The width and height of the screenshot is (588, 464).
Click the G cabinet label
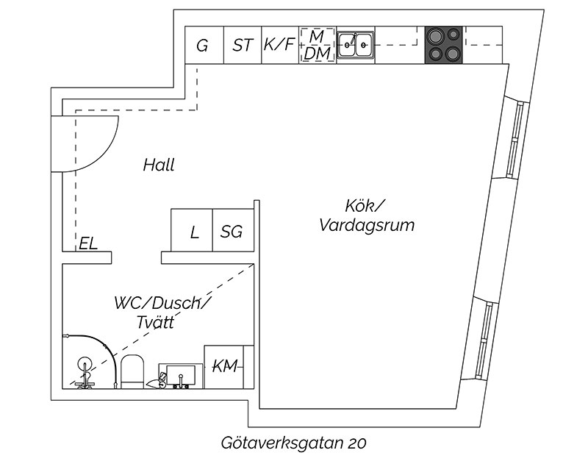[x=202, y=46]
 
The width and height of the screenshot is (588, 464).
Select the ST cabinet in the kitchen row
[x=243, y=45]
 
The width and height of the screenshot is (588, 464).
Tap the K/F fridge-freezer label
[x=279, y=44]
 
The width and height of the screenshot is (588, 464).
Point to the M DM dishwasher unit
[x=318, y=45]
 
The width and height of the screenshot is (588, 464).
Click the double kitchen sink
[x=356, y=45]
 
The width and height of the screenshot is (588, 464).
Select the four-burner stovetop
[x=444, y=45]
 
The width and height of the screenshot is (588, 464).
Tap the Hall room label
[x=159, y=165]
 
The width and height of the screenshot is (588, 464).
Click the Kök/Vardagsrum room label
[x=367, y=215]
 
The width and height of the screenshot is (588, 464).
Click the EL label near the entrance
[x=88, y=243]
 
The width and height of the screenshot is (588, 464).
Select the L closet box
[x=192, y=230]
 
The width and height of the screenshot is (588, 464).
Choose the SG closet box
[x=233, y=230]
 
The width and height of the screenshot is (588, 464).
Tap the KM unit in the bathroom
[x=229, y=367]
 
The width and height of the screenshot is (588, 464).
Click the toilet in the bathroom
[x=133, y=372]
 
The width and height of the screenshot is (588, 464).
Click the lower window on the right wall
[x=484, y=340]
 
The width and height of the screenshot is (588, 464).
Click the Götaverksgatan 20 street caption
[x=293, y=443]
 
